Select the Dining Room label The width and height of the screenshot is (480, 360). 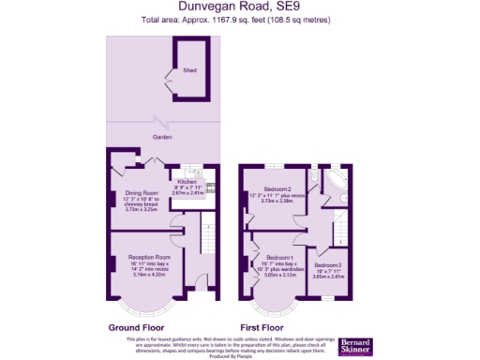tap(141, 194)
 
